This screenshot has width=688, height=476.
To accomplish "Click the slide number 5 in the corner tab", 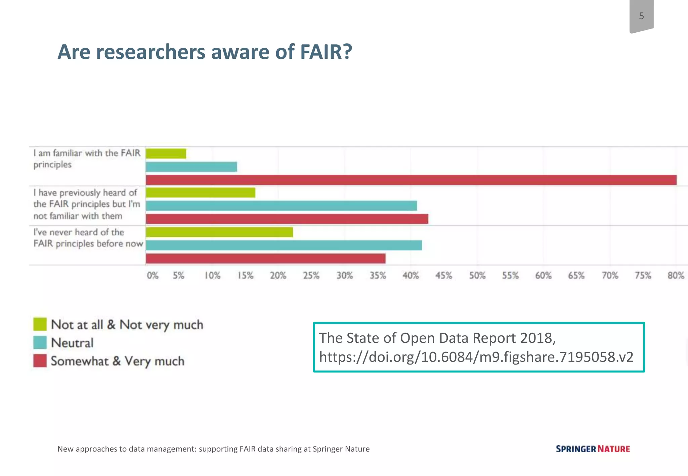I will pos(641,16).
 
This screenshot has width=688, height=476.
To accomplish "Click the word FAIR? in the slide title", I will pos(326,52).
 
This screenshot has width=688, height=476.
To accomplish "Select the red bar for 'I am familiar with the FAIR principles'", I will pos(411,180).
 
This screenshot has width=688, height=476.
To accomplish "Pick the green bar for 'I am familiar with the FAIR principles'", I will pos(166,153).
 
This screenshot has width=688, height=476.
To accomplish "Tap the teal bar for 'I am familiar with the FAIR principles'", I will pos(191,167).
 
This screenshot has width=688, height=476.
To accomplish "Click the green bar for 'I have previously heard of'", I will pos(201,193).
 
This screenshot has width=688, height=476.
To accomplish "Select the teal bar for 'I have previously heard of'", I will pos(281,206).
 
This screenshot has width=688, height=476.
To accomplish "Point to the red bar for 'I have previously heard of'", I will pos(287,219).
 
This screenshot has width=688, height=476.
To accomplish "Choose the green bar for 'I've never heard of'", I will pos(219,232).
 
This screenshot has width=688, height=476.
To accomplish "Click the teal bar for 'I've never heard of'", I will pos(284,245).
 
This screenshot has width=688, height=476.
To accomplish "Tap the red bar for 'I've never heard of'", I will pos(266,258).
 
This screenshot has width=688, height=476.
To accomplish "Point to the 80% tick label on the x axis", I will pos(676,276).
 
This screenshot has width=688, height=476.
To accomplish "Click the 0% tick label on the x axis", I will pos(153,276).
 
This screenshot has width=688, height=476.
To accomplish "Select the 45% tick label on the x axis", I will pos(444,276).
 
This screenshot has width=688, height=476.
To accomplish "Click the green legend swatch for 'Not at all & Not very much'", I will pos(40,324).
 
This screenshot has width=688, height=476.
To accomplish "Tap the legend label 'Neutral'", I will pos(72,343).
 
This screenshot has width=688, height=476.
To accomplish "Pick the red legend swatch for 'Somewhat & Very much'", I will pos(40,361).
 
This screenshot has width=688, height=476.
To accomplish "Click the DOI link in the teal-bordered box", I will pos(476,357).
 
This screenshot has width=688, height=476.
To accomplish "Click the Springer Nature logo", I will pos(593,449).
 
